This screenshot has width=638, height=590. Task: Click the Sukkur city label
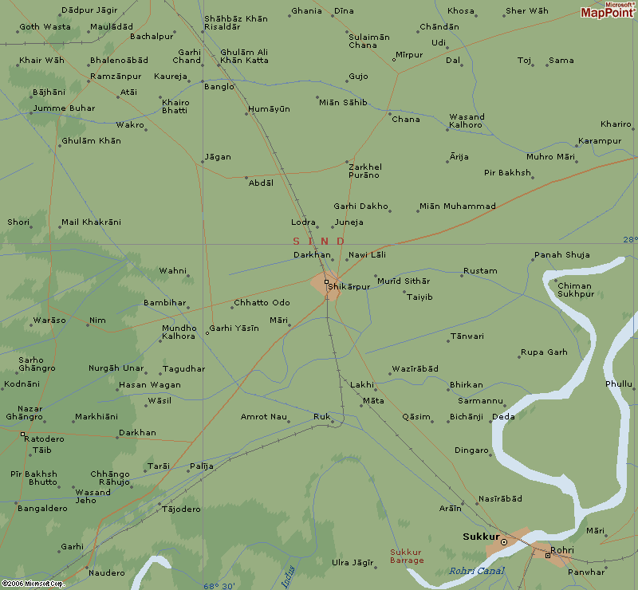coord(481,537)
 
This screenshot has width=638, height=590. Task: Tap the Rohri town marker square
coord(547,555)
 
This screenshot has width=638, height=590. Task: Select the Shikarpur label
coord(349,286)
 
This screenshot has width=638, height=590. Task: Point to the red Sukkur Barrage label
coord(407,556)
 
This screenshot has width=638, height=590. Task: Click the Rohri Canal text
coord(478,571)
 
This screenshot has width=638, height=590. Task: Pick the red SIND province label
coord(318,241)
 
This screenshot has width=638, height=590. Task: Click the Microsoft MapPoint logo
coord(608,10)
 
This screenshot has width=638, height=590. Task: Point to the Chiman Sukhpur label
coord(575,289)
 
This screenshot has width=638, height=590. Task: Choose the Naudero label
coord(106,572)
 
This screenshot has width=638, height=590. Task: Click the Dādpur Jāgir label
coord(89,10)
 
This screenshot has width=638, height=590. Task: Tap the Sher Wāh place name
coord(527,11)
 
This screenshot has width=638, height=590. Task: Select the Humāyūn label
coord(269,108)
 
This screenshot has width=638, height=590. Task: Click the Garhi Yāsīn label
coord(234,328)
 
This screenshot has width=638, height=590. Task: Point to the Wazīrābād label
coord(415,369)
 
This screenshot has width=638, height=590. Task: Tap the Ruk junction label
coord(321,416)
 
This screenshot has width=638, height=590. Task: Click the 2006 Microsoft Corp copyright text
coord(32,584)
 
